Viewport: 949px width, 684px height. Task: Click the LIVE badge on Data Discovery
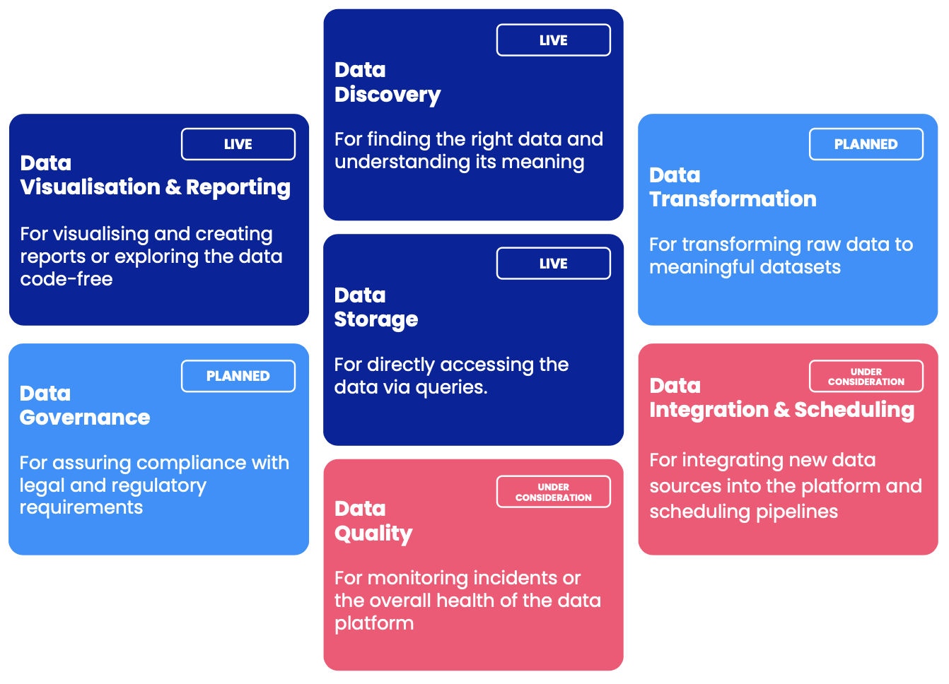tap(553, 40)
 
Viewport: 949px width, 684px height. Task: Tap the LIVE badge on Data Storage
tap(553, 264)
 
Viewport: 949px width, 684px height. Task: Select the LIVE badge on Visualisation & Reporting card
tap(238, 144)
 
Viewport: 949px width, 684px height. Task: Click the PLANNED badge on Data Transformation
tap(866, 144)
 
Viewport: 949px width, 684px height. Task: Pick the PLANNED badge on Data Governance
tap(238, 376)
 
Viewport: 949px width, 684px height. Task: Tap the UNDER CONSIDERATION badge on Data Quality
tap(553, 492)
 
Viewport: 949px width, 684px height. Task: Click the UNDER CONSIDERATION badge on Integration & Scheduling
tap(866, 377)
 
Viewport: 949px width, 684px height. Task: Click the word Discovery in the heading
tap(388, 95)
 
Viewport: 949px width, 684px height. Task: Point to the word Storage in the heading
tap(376, 319)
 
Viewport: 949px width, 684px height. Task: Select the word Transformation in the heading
tap(733, 199)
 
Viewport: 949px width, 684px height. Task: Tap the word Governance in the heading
tap(85, 418)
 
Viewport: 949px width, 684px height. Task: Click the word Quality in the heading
tap(373, 533)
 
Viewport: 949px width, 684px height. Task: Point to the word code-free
tap(66, 279)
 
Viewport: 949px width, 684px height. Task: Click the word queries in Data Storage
tap(451, 387)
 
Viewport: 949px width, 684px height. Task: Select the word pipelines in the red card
tap(797, 512)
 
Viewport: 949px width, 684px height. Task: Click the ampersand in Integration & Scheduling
tap(781, 410)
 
